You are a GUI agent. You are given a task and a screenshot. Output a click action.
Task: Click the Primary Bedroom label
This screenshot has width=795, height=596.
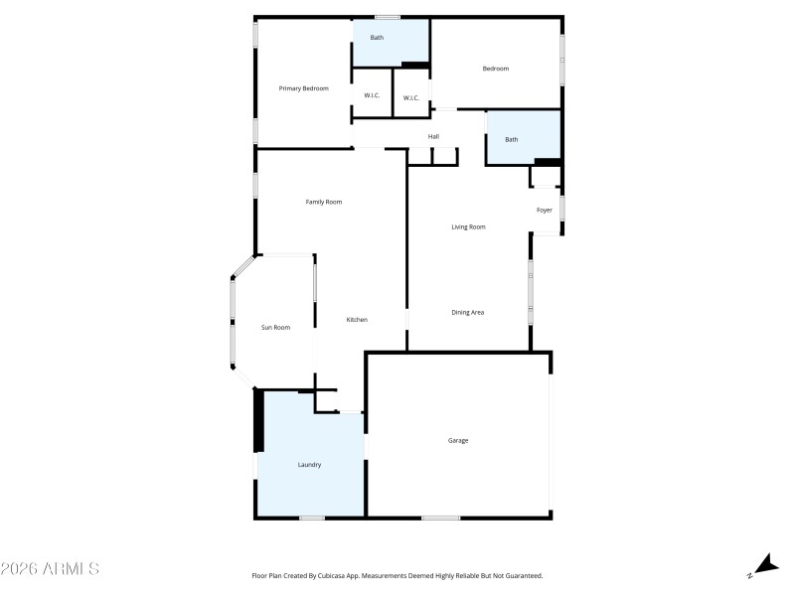pos(303,88)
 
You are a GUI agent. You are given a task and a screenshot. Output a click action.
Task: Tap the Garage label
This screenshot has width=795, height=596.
pos(458,440)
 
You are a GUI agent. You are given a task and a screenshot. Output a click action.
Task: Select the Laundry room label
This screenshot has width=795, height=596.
pos(309,464)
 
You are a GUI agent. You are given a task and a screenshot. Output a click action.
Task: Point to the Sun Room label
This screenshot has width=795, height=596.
pos(275,327)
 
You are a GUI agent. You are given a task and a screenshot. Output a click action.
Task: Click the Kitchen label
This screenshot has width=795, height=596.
pos(357,319)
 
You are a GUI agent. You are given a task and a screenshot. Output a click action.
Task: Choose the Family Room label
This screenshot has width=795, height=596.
pos(323,202)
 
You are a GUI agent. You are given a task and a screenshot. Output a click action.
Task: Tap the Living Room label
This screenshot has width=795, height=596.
pos(468,227)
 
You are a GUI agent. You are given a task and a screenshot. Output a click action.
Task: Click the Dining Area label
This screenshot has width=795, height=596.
pos(467,313)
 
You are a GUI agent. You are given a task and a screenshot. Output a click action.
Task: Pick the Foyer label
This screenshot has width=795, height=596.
pos(545,210)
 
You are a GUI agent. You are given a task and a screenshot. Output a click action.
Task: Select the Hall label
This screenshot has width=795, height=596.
pos(433,136)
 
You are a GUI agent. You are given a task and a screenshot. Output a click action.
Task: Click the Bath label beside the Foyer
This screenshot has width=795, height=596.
pos(512,139)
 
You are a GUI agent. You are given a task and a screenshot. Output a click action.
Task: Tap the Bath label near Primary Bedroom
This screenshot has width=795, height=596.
pos(378,38)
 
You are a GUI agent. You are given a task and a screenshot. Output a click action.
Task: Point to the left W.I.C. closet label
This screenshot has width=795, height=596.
pos(372,96)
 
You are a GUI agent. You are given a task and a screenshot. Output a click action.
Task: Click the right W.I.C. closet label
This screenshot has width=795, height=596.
pos(410,97)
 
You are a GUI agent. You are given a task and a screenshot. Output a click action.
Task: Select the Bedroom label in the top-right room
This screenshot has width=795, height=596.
pos(496,69)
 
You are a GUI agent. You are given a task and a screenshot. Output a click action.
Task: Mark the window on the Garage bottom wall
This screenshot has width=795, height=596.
pos(440,518)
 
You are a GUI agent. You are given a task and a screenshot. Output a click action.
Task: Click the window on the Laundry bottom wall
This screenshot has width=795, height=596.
pos(312,518)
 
